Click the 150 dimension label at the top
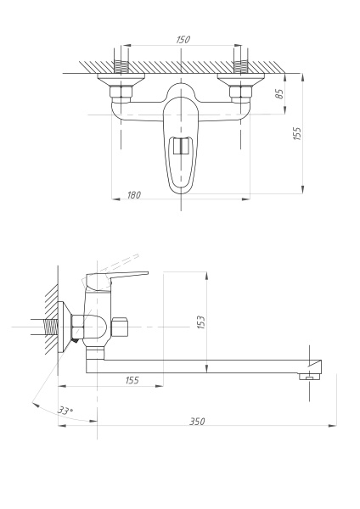click(183, 40)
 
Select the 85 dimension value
click(279, 93)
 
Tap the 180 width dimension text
click(134, 195)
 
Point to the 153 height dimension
click(201, 322)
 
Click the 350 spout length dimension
click(197, 421)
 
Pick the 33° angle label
click(65, 411)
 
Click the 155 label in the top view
click(297, 133)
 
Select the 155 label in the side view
click(132, 380)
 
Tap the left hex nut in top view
click(121, 92)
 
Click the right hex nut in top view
click(241, 92)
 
